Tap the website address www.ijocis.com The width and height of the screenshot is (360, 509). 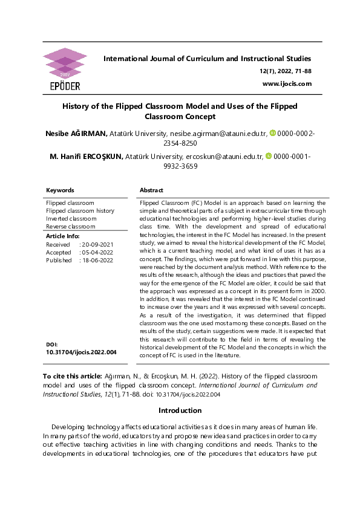[287, 83]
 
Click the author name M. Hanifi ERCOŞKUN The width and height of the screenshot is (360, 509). [86, 157]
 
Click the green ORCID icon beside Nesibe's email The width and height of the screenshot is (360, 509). [272, 132]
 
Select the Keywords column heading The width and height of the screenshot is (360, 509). [60, 190]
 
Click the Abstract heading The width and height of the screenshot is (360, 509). [151, 190]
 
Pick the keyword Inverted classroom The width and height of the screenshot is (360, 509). [71, 218]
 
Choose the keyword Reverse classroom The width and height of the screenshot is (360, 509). [71, 226]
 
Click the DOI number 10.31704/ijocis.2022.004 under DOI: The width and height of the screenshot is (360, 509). [81, 351]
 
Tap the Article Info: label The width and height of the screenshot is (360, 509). [62, 236]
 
